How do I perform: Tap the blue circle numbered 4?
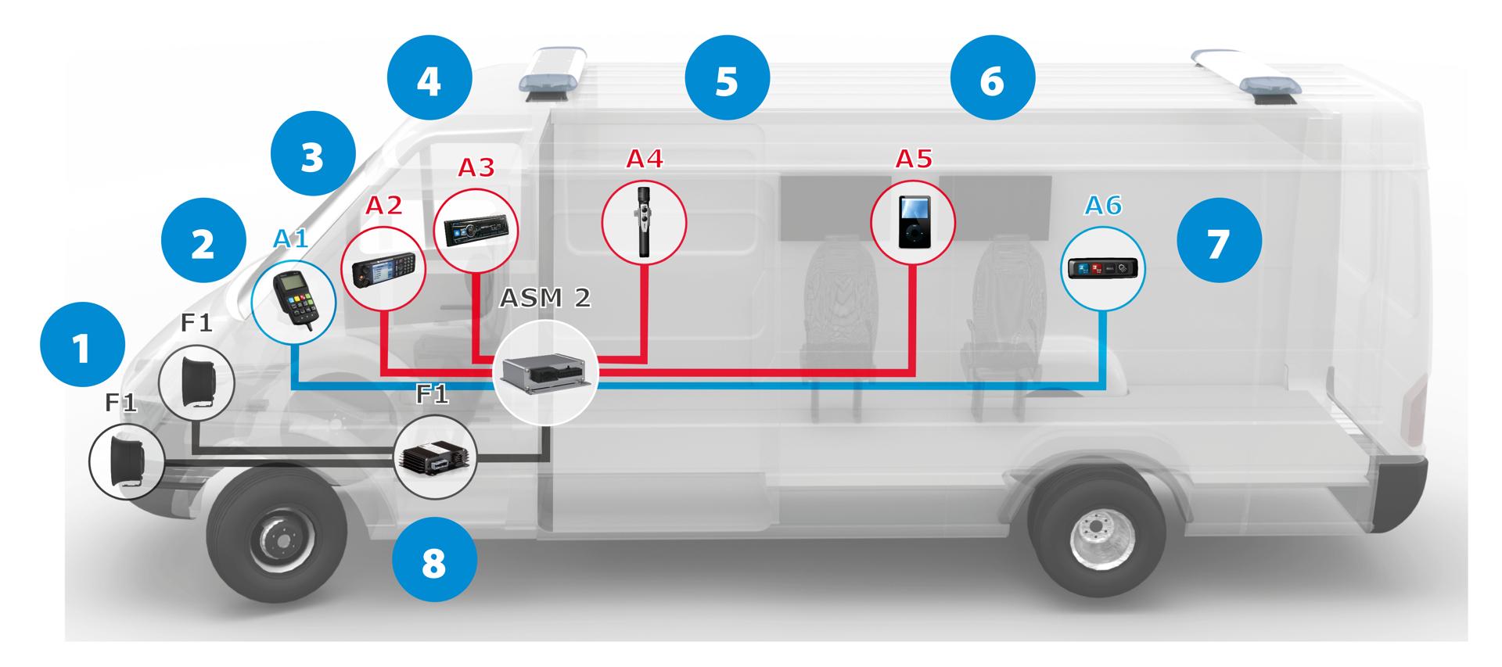click(x=429, y=81)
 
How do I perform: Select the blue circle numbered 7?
click(x=1219, y=243)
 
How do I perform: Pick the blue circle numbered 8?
click(x=434, y=561)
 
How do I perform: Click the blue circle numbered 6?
click(x=992, y=79)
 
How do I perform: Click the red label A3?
click(x=476, y=167)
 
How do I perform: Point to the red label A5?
click(x=914, y=159)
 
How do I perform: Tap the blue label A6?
click(x=1103, y=206)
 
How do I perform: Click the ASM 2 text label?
click(x=544, y=298)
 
